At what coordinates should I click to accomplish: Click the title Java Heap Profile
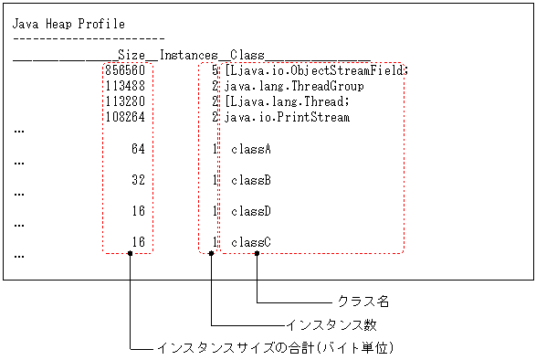point(68,25)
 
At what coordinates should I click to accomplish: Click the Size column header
point(132,55)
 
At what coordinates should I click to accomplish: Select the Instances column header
point(188,55)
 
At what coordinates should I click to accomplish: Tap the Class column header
point(247,55)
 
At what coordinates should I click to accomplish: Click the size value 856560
point(126,70)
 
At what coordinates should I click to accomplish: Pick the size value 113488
point(126,86)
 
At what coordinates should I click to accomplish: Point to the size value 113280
point(126,101)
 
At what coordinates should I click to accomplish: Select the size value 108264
point(126,117)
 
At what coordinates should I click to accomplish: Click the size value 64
point(139,148)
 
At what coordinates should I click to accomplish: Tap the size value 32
point(139,180)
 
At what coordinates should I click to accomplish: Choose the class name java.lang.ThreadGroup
point(294,86)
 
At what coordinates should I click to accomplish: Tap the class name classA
point(251,148)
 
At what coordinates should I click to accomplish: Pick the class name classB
point(251,180)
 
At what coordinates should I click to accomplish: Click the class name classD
point(251,211)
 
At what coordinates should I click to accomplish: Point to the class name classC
point(251,242)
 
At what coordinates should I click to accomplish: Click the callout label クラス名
point(364,301)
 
